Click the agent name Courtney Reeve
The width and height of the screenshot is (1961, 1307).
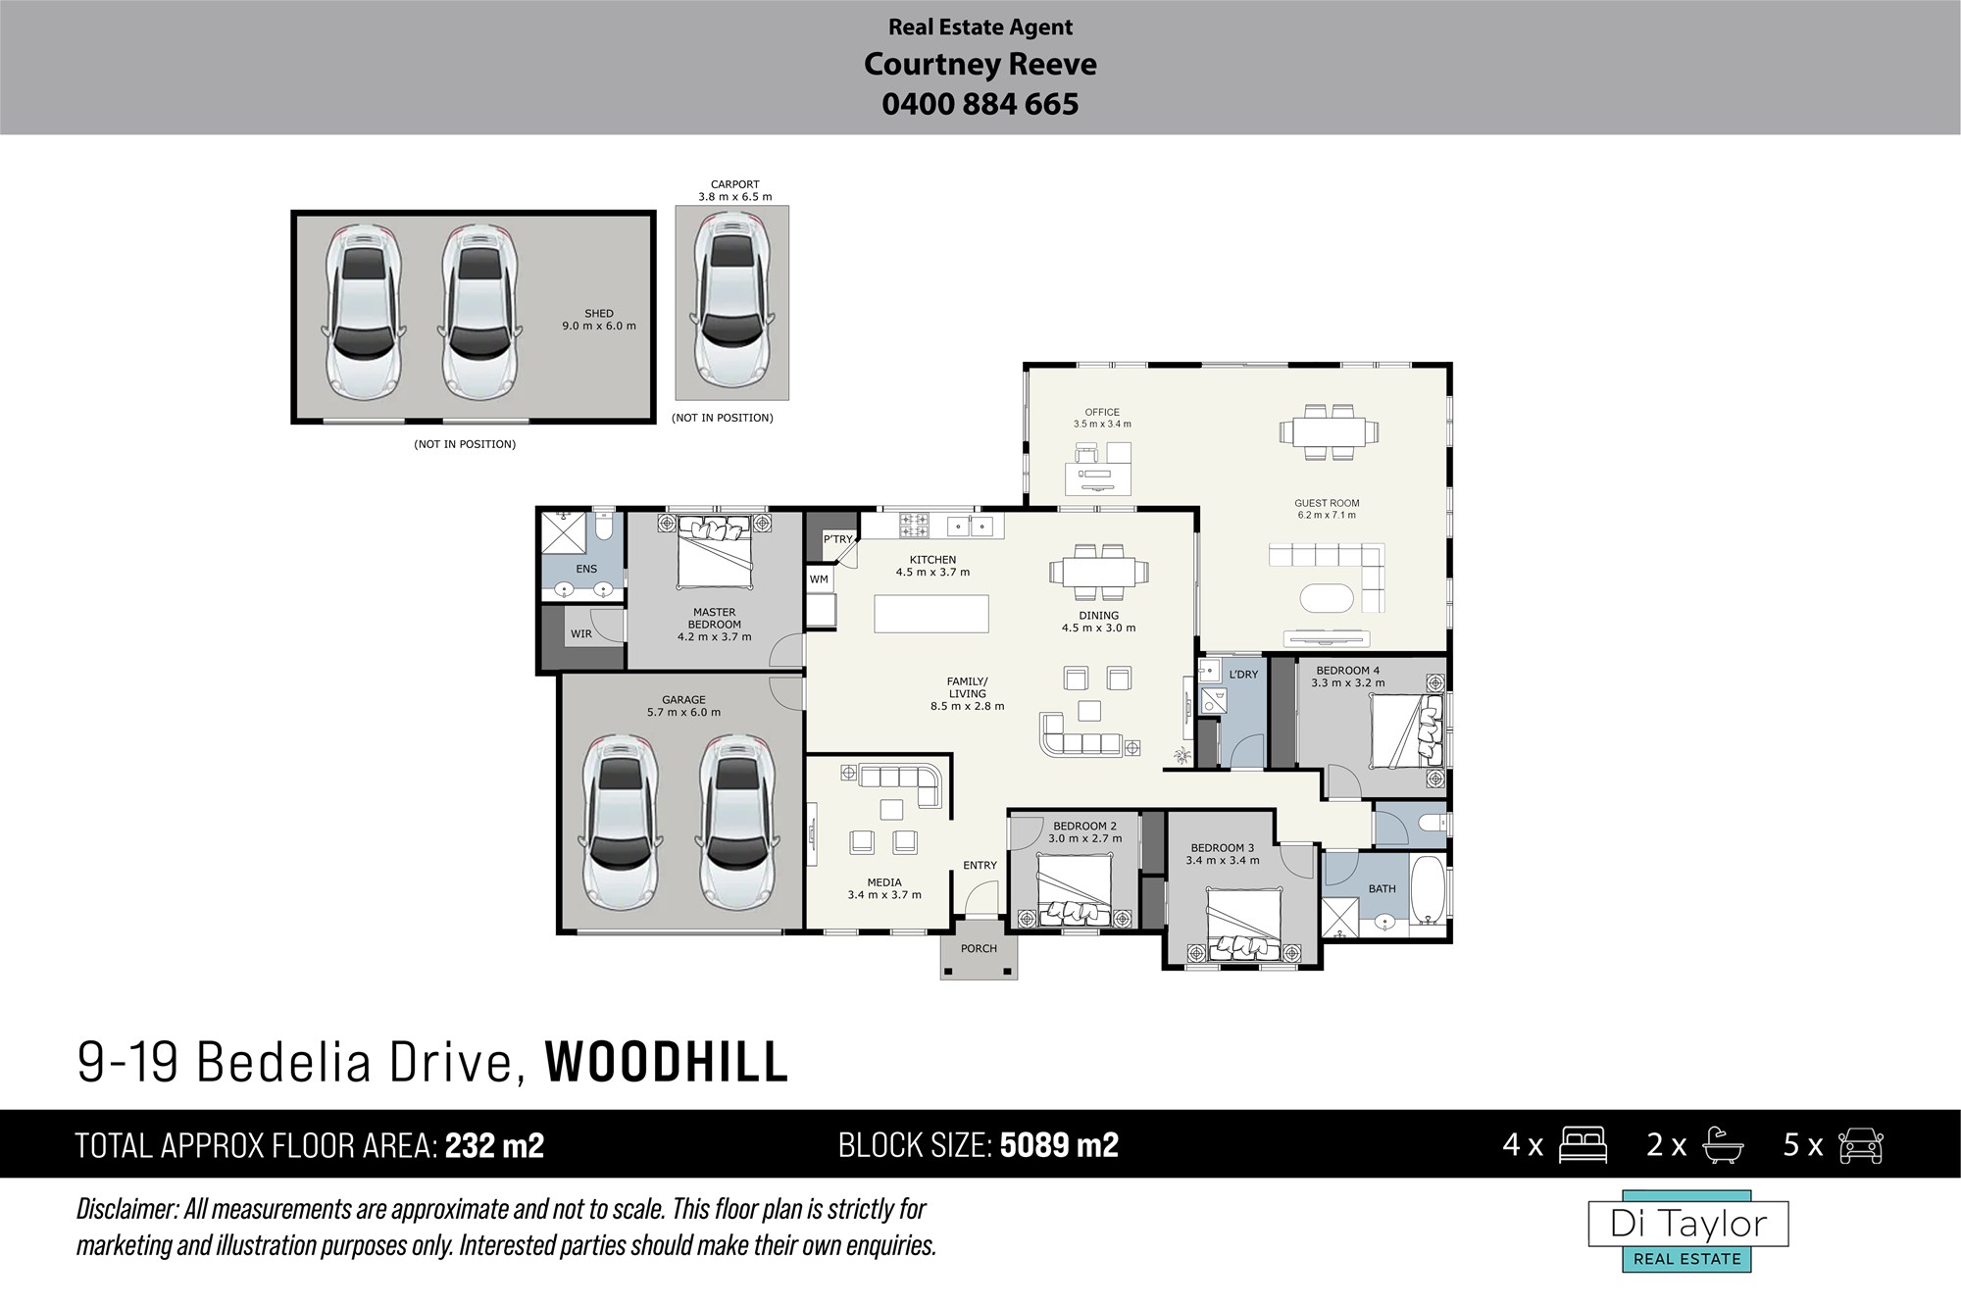[x=980, y=65]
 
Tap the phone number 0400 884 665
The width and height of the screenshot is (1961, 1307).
[x=980, y=104]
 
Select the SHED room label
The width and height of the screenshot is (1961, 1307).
[x=599, y=314]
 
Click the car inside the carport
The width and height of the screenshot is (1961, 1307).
[x=731, y=303]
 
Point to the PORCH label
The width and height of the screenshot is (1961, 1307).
[x=979, y=948]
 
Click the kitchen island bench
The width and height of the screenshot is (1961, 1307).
[x=931, y=614]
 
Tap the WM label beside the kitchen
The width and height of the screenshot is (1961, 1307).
[x=819, y=579]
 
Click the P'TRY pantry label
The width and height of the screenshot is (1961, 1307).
[x=838, y=539]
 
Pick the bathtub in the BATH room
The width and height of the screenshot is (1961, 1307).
[x=1429, y=890]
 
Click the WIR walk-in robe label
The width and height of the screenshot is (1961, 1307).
[x=581, y=634]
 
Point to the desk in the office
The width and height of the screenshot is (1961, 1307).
[x=1098, y=479]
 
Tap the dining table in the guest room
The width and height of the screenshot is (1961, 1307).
[x=1328, y=431]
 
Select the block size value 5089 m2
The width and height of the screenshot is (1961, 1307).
[x=1060, y=1145]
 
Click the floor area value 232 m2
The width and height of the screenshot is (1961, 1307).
[x=495, y=1145]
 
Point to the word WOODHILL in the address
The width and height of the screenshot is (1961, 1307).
[x=667, y=1062]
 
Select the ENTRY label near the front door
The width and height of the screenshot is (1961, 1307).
[x=980, y=865]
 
